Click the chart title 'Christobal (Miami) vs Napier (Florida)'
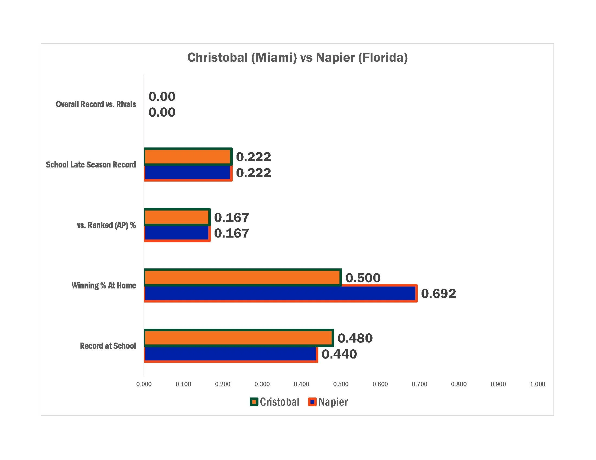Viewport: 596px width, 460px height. [x=297, y=57]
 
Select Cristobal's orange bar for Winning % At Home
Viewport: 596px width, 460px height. [x=243, y=277]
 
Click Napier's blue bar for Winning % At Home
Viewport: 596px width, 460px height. [x=281, y=293]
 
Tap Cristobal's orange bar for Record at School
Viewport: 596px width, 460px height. [x=239, y=338]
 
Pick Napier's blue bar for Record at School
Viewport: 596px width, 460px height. [x=231, y=354]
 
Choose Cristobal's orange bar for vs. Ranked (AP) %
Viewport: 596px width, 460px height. [x=177, y=217]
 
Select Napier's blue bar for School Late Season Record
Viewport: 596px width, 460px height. [x=188, y=173]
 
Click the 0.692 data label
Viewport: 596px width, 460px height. [x=438, y=294]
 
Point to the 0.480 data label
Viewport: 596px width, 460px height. [x=355, y=338]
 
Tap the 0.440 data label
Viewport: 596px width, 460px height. [x=339, y=354]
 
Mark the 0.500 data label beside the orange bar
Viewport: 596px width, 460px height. [x=363, y=278]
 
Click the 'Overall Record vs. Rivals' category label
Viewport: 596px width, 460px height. [x=96, y=104]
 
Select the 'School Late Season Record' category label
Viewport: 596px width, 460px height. [x=91, y=165]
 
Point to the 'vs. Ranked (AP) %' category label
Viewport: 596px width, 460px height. [x=106, y=225]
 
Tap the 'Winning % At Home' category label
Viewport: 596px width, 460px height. [x=104, y=285]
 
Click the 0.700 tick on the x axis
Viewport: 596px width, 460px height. [x=419, y=384]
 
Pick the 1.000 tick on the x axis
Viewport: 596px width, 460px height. [x=537, y=384]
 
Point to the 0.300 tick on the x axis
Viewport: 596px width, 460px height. [x=262, y=384]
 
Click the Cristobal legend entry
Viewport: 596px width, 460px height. [x=274, y=402]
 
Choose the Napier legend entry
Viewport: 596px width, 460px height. [x=328, y=402]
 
